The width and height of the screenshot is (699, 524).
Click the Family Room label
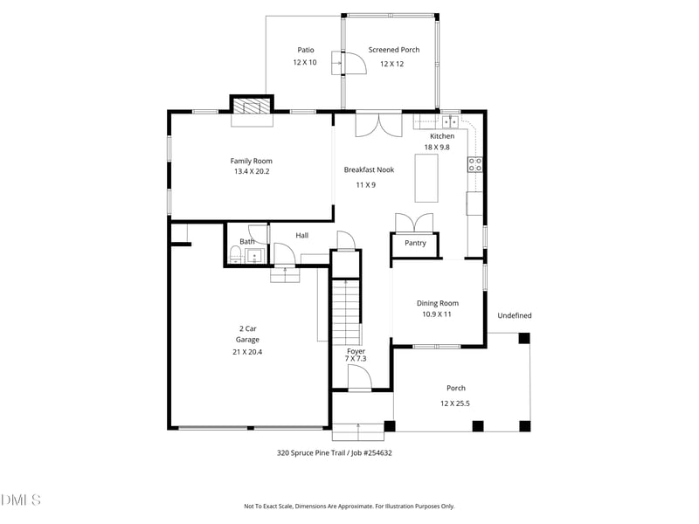tap(252, 161)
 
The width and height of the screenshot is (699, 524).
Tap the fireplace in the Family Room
tap(252, 107)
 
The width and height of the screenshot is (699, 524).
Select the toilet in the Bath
tap(236, 254)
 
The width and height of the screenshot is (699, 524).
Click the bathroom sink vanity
tap(254, 256)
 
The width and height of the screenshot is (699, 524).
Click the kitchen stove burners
tap(475, 164)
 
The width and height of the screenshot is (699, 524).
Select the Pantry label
tap(415, 243)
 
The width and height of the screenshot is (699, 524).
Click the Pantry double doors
tap(414, 223)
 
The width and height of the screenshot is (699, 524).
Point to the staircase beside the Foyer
tap(347, 311)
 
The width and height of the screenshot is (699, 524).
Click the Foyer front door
tap(359, 378)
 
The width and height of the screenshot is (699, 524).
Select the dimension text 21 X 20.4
tap(247, 352)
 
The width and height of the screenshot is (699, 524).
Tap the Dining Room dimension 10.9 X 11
tap(437, 314)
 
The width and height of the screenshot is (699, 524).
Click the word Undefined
tap(515, 315)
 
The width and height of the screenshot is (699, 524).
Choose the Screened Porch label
tap(393, 50)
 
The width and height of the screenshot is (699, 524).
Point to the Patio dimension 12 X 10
tap(305, 63)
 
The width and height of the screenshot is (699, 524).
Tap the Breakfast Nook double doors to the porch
tap(378, 126)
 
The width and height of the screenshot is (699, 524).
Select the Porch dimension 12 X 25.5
tap(455, 403)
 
